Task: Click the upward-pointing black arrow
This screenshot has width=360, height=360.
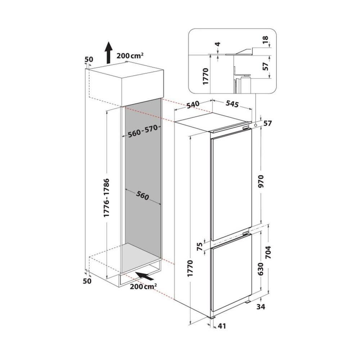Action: click(x=108, y=52)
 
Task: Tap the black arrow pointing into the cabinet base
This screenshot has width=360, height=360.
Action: click(x=145, y=276)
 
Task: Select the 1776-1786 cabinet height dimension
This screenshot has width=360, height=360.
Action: click(x=107, y=198)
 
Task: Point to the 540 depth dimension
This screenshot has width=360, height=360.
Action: click(x=193, y=105)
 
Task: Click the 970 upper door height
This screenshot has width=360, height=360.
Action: click(x=261, y=181)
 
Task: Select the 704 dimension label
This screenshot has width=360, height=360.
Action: click(x=268, y=252)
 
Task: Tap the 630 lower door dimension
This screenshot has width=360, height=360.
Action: click(x=261, y=269)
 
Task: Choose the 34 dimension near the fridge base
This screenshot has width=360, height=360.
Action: click(x=261, y=306)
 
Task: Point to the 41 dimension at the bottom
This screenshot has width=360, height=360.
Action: click(x=221, y=326)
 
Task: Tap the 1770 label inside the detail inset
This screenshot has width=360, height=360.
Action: click(x=206, y=76)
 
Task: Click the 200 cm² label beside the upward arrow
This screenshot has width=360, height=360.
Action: click(x=130, y=55)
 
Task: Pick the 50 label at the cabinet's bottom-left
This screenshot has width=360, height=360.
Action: click(x=87, y=281)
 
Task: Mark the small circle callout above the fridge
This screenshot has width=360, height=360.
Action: click(x=256, y=125)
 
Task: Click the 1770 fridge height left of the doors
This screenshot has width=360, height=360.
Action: click(x=190, y=268)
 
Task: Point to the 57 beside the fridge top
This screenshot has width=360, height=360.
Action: click(x=267, y=123)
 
